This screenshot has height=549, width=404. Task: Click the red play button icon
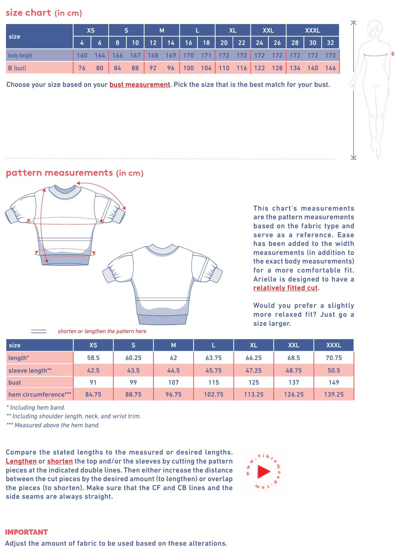click(264, 471)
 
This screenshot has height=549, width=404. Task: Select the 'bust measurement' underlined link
click(140, 85)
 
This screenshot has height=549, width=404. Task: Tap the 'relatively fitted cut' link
click(285, 288)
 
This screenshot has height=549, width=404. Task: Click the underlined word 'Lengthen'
click(21, 461)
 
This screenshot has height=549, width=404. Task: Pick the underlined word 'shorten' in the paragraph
click(60, 461)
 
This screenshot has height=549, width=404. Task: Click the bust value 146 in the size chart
click(330, 68)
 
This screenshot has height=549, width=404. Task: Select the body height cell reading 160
click(82, 55)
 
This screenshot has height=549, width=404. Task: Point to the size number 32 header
click(330, 43)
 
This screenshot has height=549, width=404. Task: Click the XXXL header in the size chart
click(312, 30)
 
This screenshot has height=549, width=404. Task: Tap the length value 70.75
click(334, 358)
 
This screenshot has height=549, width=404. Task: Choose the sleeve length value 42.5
click(93, 370)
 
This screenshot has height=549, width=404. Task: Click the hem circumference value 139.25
click(334, 394)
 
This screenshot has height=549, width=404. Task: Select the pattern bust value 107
click(173, 382)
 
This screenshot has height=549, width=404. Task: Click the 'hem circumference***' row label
click(40, 394)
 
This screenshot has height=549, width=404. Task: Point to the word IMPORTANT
click(27, 532)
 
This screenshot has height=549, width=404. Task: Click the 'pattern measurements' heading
click(59, 173)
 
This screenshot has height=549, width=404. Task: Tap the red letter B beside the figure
click(393, 54)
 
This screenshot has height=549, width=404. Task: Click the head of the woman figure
click(375, 28)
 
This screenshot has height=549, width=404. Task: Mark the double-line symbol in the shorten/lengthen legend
click(39, 331)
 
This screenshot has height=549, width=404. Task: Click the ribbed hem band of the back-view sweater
click(162, 319)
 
